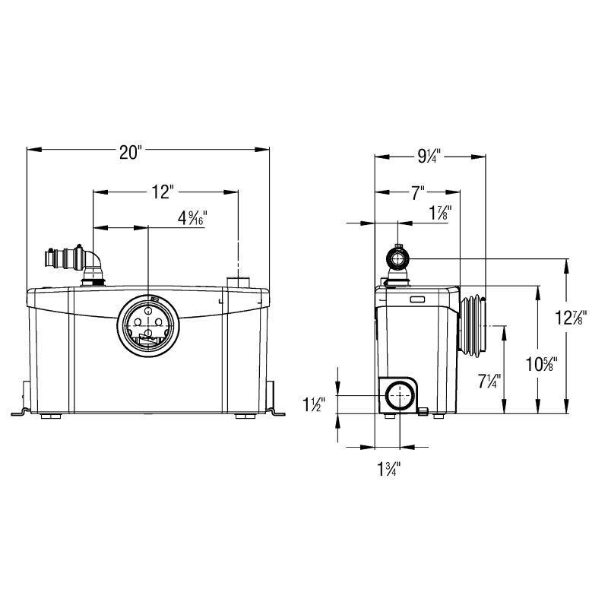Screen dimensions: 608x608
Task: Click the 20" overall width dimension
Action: point(128,153)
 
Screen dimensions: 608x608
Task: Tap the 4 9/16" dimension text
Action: point(192,218)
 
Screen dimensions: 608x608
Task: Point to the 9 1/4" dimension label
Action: point(429,157)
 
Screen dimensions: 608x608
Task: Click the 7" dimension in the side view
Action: point(417,192)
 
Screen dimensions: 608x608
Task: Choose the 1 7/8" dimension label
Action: point(440,213)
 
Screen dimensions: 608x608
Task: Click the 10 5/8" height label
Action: point(541,364)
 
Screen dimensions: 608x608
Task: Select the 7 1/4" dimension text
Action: point(489,382)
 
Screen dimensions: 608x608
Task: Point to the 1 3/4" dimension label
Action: point(388,469)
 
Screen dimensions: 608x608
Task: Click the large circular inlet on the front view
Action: point(147,326)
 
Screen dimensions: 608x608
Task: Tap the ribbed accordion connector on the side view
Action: point(472,326)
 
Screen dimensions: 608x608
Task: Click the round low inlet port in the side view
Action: point(400,396)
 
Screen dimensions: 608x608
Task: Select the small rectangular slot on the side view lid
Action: point(417,299)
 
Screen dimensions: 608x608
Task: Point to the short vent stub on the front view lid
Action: point(238,282)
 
